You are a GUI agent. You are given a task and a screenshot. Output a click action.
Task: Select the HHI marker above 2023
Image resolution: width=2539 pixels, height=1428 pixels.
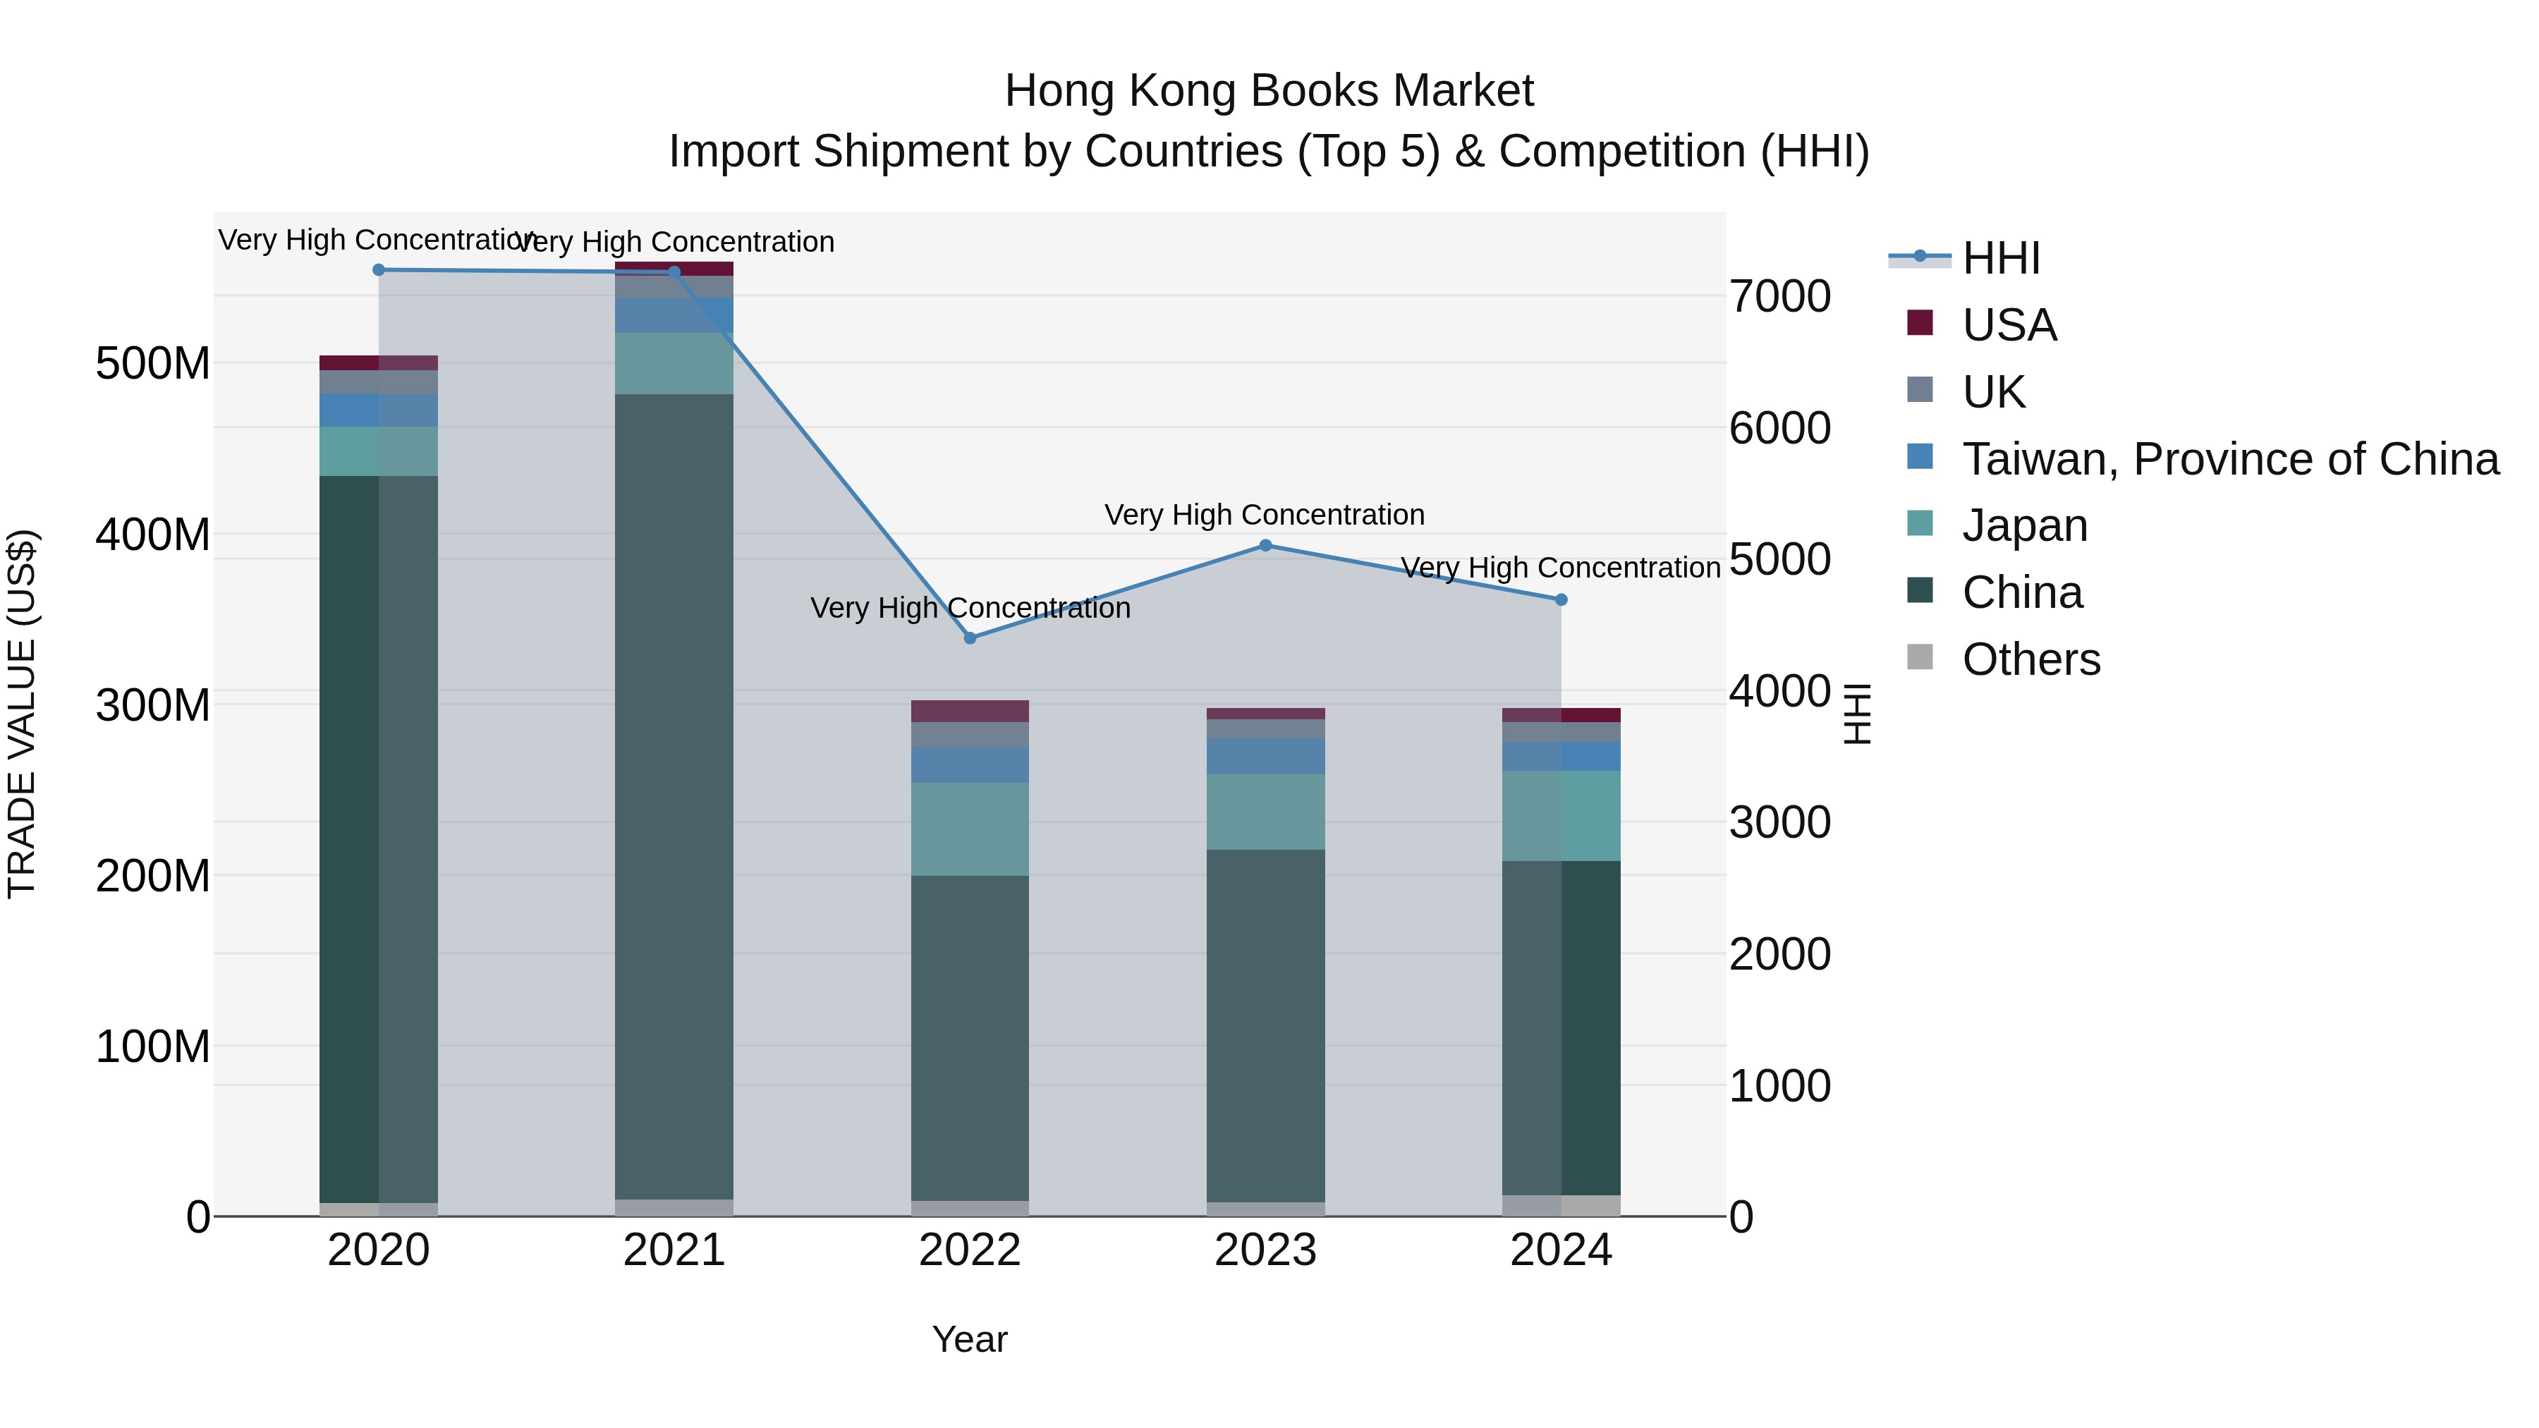tap(1265, 545)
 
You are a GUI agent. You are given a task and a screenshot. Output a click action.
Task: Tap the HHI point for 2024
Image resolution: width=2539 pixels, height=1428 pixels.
tap(1561, 599)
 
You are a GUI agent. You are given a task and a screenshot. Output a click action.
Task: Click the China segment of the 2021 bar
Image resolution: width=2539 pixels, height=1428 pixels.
tap(674, 788)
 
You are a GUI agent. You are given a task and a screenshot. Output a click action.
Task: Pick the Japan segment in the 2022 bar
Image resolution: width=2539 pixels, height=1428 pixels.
tap(970, 829)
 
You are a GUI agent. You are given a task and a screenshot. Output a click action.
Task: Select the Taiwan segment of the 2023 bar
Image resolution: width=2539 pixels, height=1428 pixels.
tap(1265, 756)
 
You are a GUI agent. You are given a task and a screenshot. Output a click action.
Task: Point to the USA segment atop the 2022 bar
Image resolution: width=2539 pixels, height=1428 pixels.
tap(970, 711)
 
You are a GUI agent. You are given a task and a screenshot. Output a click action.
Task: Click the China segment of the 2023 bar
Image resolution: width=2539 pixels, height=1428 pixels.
tap(1265, 1025)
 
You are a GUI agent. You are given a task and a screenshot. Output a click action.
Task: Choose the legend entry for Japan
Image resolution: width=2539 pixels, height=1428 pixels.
tap(2024, 525)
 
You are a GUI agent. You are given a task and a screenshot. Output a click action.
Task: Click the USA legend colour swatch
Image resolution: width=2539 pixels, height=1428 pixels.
tap(1920, 323)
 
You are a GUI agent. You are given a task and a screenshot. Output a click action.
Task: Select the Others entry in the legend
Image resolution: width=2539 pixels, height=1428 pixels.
tap(2030, 659)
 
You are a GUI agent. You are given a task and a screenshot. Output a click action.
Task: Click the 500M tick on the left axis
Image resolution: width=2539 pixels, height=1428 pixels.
tap(153, 364)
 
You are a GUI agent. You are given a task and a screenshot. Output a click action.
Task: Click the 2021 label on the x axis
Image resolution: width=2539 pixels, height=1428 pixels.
tap(674, 1250)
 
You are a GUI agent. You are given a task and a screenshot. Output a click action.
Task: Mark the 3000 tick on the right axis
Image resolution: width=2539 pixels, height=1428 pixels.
tap(1780, 822)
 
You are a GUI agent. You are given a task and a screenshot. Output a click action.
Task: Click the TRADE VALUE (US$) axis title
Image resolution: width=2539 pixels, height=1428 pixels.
tap(22, 714)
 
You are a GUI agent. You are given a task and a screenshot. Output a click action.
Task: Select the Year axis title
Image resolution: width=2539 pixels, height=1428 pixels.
tap(970, 1339)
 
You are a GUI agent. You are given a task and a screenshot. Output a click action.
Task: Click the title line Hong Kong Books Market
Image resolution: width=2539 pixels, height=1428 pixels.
tap(1269, 91)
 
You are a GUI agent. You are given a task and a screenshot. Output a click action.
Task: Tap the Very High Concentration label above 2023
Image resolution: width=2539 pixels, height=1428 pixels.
tap(1265, 515)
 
